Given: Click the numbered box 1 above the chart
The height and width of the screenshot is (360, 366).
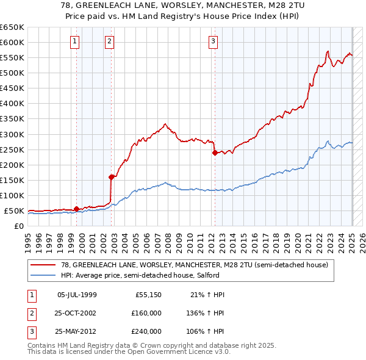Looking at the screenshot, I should click(x=74, y=41).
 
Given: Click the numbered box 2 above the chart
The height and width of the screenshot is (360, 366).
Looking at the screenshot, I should click(x=109, y=41).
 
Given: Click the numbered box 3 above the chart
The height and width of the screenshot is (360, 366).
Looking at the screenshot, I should click(x=213, y=41).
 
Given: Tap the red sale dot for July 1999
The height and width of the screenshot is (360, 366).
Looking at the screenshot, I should click(x=76, y=209).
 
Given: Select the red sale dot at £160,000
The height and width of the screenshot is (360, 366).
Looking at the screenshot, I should click(x=112, y=177).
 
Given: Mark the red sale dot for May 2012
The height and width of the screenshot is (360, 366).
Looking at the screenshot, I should click(x=215, y=153).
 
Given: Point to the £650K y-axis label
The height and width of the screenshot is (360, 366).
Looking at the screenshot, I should click(x=12, y=27).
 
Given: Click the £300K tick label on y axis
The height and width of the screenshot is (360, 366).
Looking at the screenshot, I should click(x=12, y=134).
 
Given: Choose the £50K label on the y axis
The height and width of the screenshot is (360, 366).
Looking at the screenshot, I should click(x=15, y=211).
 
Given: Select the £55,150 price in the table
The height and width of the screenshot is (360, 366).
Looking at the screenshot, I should click(x=148, y=295).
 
